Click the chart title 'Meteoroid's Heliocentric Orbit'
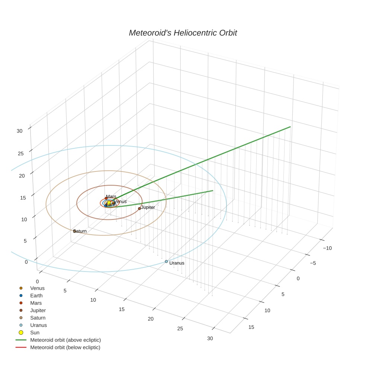(183, 33)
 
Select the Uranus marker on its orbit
(166, 261)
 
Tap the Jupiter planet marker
(139, 208)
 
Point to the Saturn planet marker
(74, 231)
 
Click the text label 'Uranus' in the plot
(177, 263)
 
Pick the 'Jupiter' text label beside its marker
(148, 207)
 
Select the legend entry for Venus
(37, 288)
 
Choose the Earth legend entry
(36, 296)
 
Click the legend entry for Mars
(36, 303)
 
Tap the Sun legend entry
(35, 333)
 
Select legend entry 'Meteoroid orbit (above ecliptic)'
(65, 340)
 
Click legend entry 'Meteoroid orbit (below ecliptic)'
(65, 347)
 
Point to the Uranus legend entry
(38, 325)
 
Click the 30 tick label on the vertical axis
(19, 131)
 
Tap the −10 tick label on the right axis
(327, 248)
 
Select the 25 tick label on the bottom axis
(180, 328)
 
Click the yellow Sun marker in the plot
(109, 203)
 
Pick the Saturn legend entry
(38, 318)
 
